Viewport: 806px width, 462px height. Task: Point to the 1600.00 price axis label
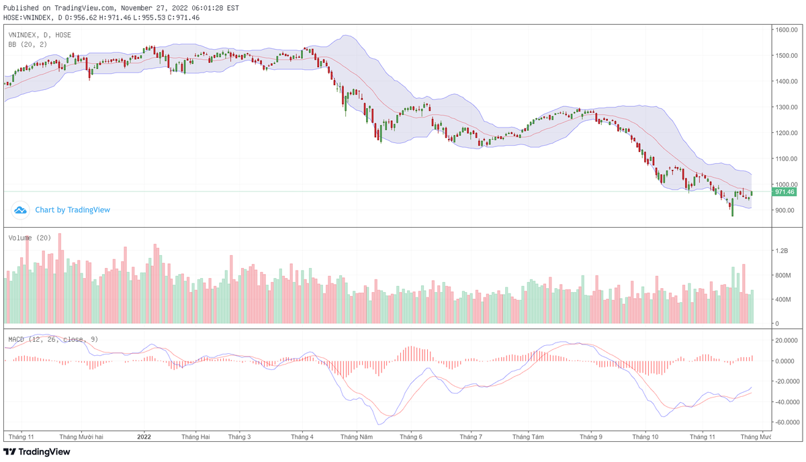785,30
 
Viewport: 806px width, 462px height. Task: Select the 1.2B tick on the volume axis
781,250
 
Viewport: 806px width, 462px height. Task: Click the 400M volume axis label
782,299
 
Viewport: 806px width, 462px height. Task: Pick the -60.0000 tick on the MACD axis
786,422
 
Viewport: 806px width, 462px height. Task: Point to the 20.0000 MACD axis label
786,340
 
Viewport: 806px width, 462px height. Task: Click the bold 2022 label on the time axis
144,436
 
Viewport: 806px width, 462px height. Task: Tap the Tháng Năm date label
357,436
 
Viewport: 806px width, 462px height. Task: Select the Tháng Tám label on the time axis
528,436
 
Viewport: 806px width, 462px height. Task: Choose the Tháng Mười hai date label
81,436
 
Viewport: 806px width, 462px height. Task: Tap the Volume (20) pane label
30,238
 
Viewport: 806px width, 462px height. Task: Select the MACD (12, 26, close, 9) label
53,339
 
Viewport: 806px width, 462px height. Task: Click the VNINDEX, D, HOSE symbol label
40,35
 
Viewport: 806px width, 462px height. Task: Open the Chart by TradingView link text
73,210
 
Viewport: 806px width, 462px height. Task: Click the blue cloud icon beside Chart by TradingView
21,210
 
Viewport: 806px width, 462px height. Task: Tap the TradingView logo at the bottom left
37,452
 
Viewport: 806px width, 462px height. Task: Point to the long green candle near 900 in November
732,207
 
